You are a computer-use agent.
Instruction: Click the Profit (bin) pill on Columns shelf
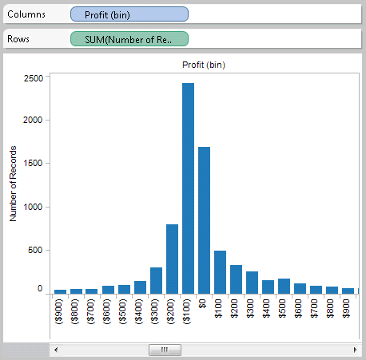[x=129, y=14]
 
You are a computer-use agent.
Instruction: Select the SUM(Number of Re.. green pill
[x=129, y=38]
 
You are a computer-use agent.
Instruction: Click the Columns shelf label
[x=27, y=14]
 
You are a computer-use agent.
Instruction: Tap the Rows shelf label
[x=21, y=38]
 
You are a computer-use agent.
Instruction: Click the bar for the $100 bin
[x=220, y=271]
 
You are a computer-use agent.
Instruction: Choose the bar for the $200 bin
[x=236, y=279]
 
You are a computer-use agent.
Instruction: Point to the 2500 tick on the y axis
[x=34, y=78]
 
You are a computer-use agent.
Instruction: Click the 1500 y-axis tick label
[x=34, y=163]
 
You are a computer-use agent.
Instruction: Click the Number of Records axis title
[x=13, y=184]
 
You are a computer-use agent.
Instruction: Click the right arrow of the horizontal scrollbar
[x=354, y=350]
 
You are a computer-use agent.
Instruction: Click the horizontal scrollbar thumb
[x=165, y=350]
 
